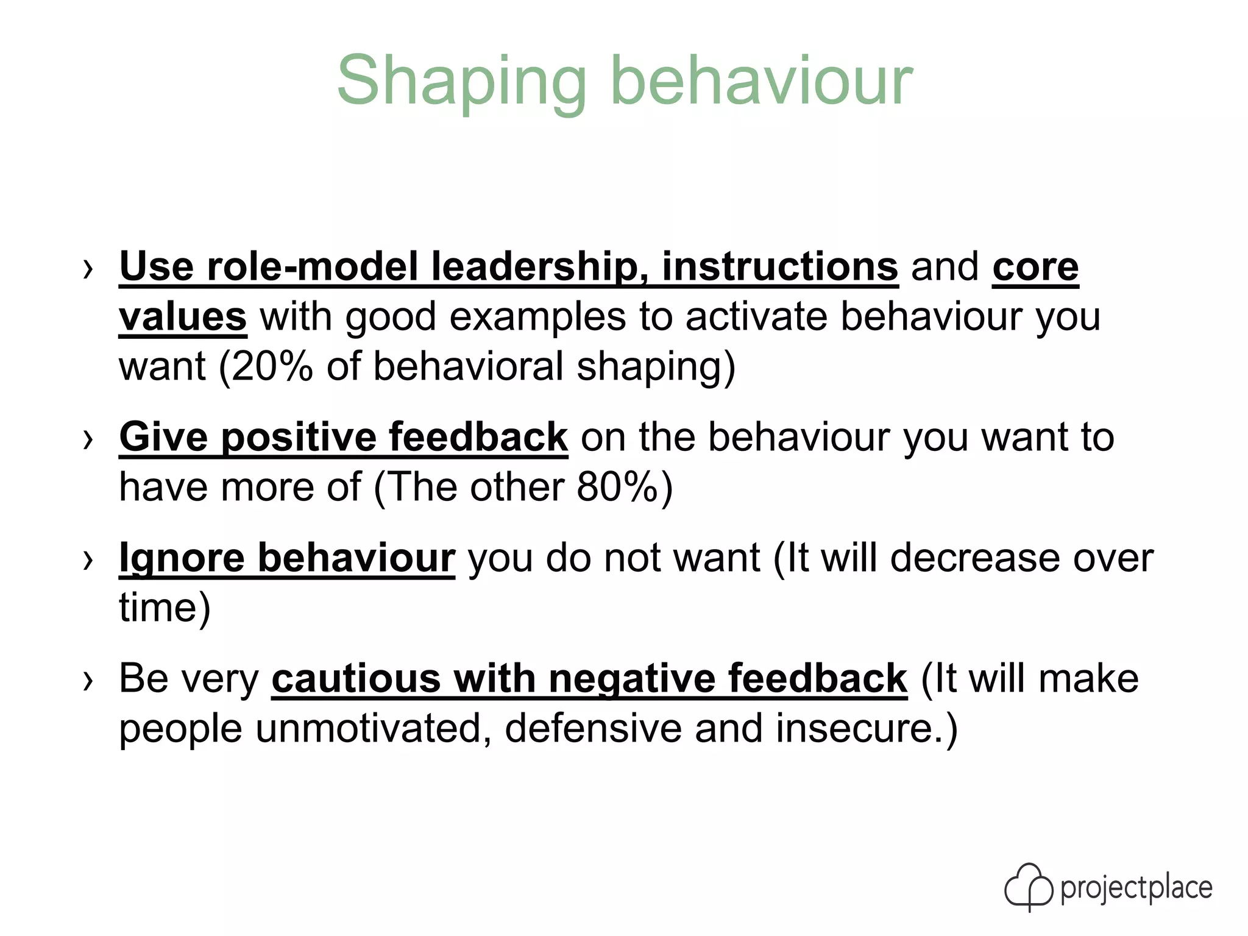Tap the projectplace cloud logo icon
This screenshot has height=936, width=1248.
[x=1029, y=887]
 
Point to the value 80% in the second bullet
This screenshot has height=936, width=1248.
[x=617, y=487]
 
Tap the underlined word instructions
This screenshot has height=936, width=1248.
[x=780, y=267]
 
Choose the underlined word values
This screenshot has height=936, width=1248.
[x=183, y=317]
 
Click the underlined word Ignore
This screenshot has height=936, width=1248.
[x=182, y=558]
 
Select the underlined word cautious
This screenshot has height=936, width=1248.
[x=356, y=679]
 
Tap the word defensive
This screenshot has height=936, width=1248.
[x=593, y=729]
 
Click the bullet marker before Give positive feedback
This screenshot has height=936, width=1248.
[x=88, y=439]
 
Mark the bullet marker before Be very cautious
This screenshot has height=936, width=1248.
[x=88, y=680]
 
